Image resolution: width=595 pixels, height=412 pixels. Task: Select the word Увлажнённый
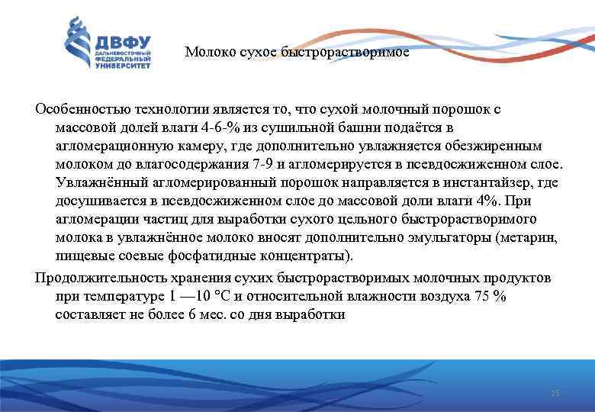coord(94,182)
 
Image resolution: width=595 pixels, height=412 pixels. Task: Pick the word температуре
coord(125,295)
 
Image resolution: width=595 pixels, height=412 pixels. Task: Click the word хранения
coord(184,276)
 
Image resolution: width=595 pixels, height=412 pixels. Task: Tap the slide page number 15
coord(555,393)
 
